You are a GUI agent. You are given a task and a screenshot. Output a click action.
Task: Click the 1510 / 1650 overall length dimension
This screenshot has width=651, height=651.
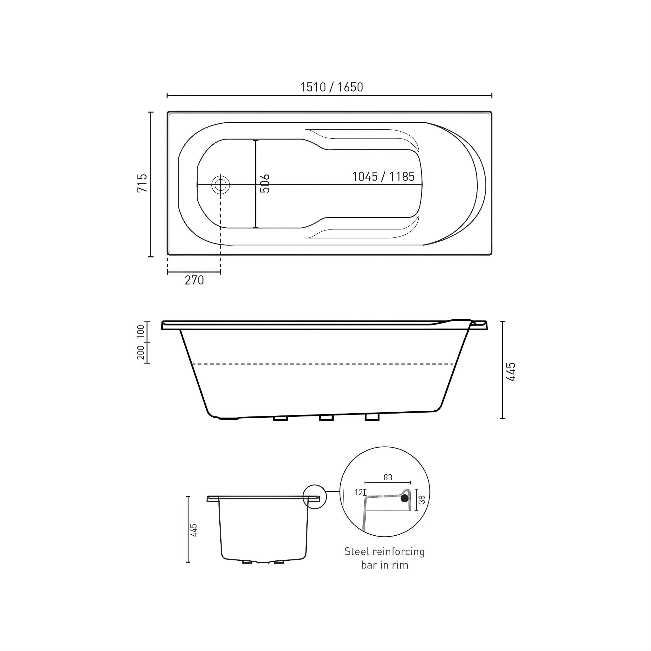pos(332,87)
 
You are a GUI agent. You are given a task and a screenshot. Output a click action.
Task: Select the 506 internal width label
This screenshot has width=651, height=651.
pos(265,183)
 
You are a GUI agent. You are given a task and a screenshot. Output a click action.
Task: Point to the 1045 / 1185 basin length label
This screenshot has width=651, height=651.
pos(383,176)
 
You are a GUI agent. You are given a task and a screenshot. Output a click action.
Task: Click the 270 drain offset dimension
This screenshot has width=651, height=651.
pos(195,280)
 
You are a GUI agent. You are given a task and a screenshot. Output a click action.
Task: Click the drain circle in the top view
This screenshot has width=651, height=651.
pos(220,185)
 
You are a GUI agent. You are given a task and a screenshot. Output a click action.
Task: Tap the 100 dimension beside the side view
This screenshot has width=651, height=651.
pos(141,332)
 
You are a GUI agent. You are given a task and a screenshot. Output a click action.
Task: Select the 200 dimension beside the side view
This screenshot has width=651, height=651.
pos(141,353)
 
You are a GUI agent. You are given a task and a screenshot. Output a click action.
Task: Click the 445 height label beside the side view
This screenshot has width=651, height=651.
pos(511,372)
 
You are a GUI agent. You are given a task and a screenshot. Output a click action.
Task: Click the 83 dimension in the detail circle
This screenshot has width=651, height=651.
pos(388,477)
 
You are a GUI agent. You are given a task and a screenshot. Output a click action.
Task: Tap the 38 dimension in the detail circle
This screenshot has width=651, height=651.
pos(421,499)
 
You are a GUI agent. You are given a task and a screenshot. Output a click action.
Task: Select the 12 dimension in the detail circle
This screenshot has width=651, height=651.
pos(359,493)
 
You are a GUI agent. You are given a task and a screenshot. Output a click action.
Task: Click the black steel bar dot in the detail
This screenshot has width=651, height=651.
pos(405,499)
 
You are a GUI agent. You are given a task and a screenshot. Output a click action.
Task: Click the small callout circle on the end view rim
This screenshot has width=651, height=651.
pos(315,496)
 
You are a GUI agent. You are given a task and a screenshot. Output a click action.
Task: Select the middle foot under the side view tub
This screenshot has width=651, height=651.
pos(326,418)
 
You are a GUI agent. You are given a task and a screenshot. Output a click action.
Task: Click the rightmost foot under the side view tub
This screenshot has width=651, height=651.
pos(372,417)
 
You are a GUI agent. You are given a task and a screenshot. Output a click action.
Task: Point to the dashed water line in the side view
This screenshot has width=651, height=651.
pos(323,364)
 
